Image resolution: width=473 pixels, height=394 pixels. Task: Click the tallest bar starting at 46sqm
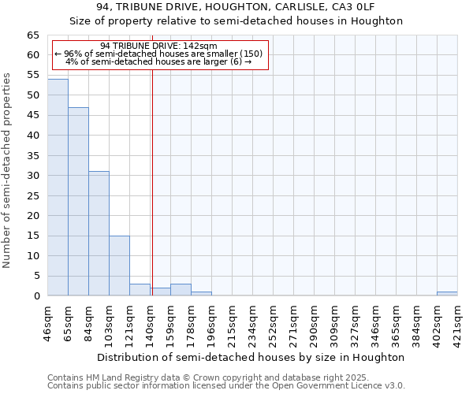pos(58,188)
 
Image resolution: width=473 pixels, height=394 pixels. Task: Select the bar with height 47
pos(78,202)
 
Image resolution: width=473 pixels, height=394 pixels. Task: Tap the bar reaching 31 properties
pos(99,234)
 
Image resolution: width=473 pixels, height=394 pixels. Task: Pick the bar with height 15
pos(119,266)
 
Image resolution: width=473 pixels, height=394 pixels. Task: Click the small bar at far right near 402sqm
pos(447,294)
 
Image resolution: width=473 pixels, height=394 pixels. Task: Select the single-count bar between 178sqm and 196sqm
pos(201,294)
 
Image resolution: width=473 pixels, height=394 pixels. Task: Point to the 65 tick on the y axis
pos(33,35)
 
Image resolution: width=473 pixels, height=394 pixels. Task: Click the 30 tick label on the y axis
pos(33,176)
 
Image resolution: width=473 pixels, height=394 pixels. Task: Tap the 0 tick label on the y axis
pos(36,296)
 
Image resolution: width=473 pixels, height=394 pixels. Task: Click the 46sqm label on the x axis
pos(48,321)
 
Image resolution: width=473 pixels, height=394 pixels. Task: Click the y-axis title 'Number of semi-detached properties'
pos(8,170)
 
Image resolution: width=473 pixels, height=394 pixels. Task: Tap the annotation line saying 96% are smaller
pos(158,54)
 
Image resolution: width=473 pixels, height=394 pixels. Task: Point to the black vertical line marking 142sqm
pos(152,181)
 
